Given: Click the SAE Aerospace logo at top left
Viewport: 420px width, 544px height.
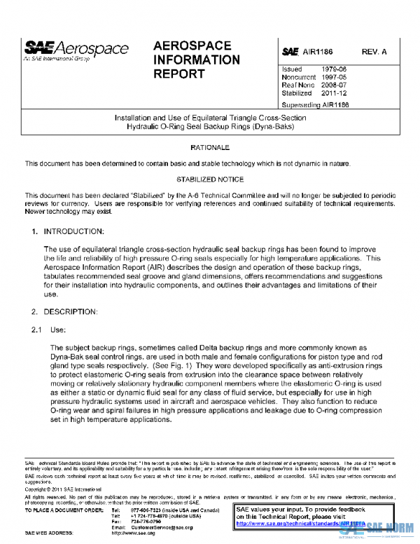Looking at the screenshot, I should tap(76, 49).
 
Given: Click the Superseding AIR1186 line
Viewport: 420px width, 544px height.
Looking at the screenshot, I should tap(314, 104).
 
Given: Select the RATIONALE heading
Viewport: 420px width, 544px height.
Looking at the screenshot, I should tap(210, 148).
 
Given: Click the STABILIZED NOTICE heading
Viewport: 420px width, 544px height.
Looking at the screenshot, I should tap(210, 179).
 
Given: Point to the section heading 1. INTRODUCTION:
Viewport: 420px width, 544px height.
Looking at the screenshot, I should tap(67, 231).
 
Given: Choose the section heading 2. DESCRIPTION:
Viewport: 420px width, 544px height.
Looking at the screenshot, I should tap(64, 309).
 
